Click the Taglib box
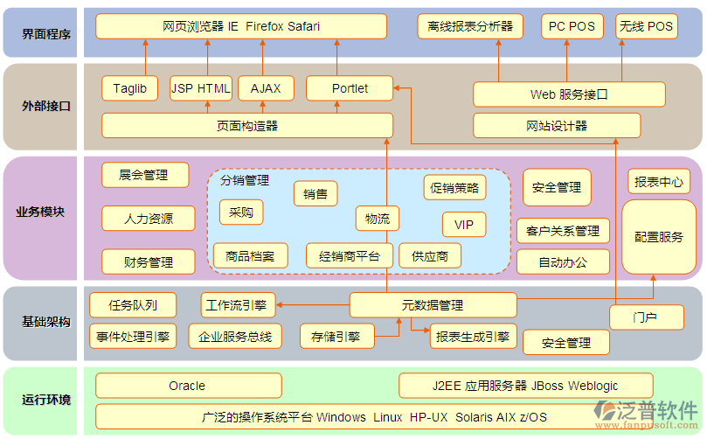click(129, 88)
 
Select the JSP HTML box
click(201, 88)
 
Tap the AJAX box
click(266, 88)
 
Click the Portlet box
click(350, 88)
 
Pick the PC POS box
click(572, 26)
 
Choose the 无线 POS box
click(647, 26)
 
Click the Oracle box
click(188, 386)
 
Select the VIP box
click(464, 225)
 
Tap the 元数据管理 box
click(432, 305)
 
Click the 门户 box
click(645, 317)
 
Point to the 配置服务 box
click(659, 237)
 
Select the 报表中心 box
click(659, 182)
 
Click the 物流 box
click(378, 219)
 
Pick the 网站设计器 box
click(557, 126)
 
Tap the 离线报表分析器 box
click(470, 26)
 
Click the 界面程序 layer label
click(45, 32)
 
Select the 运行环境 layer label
click(45, 401)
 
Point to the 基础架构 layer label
click(45, 323)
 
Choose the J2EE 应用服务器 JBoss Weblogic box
click(525, 386)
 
